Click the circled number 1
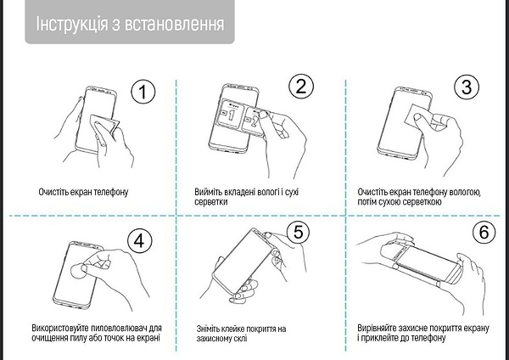point(143,92)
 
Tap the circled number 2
point(301,87)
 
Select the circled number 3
point(467,87)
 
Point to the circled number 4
point(140,241)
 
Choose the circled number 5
point(298,232)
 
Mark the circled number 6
point(484,232)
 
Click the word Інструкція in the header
point(72,24)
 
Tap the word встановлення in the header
point(174,24)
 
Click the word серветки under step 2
point(211,202)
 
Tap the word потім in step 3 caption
point(367,202)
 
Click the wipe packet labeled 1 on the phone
point(231,114)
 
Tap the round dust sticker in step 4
point(77,272)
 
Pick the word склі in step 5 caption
point(240,338)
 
